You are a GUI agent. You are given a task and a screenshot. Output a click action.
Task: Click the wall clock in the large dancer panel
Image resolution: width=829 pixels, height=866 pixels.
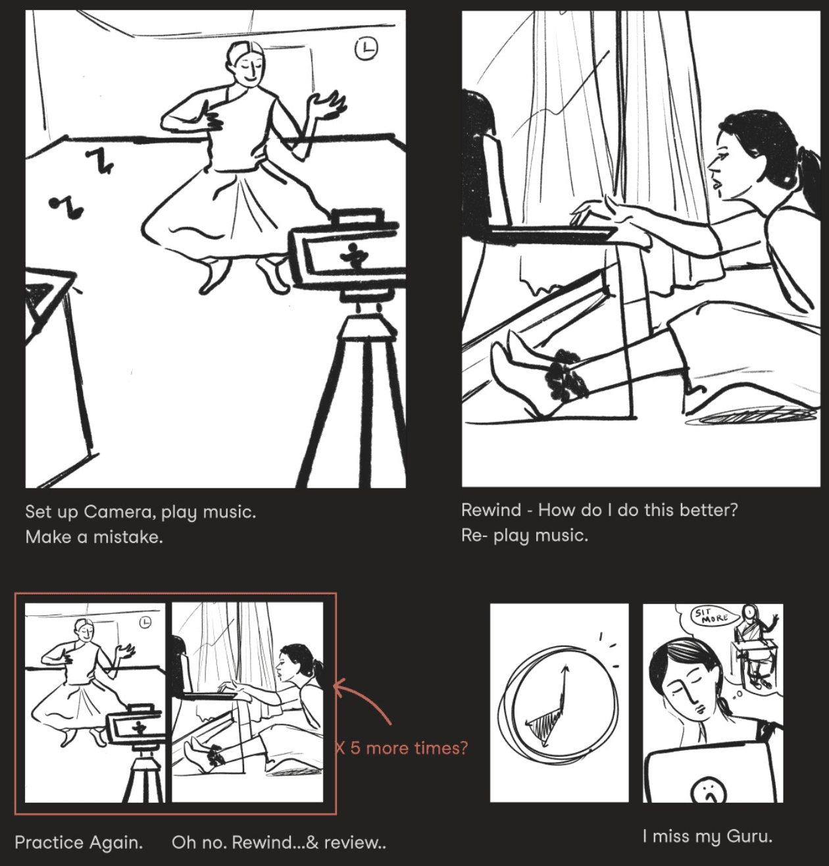(366, 49)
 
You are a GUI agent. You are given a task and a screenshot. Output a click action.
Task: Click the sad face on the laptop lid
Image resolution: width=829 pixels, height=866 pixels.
(709, 791)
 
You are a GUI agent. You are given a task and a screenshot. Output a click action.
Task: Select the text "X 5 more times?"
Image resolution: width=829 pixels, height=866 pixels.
(401, 748)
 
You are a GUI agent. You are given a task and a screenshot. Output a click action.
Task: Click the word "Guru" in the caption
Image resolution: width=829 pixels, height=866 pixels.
(750, 836)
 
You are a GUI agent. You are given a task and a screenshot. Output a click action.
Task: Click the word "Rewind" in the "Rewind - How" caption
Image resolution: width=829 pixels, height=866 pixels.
(491, 510)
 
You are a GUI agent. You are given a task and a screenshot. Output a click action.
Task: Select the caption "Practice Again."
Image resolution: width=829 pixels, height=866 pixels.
(79, 842)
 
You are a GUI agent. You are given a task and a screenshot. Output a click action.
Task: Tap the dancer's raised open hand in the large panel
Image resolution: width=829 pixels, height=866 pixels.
(328, 105)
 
